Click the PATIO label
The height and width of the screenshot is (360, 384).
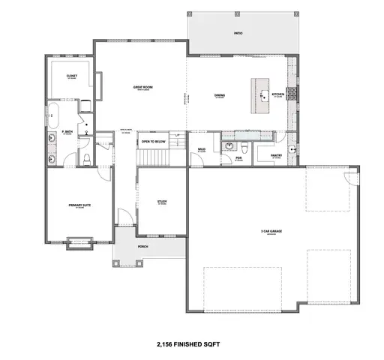(x=238, y=33)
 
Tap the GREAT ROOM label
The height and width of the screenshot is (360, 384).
(x=143, y=88)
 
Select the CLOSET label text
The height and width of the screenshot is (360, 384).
(x=72, y=76)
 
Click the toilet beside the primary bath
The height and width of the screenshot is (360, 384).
(x=86, y=157)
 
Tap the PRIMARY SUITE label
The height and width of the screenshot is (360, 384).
(x=76, y=204)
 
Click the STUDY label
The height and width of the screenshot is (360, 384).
(x=161, y=201)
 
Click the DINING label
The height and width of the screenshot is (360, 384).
(x=220, y=95)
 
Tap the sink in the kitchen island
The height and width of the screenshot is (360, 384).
(x=265, y=95)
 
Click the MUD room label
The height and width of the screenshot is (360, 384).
(x=202, y=149)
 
